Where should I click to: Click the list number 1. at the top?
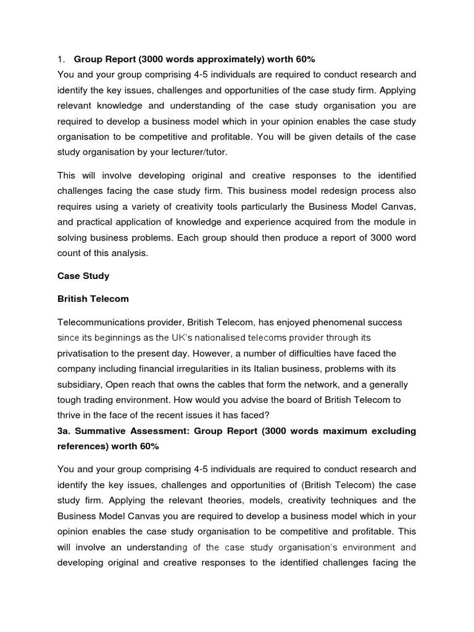point(60,59)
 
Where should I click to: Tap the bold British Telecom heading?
point(93,299)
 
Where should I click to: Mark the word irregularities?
point(239,369)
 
